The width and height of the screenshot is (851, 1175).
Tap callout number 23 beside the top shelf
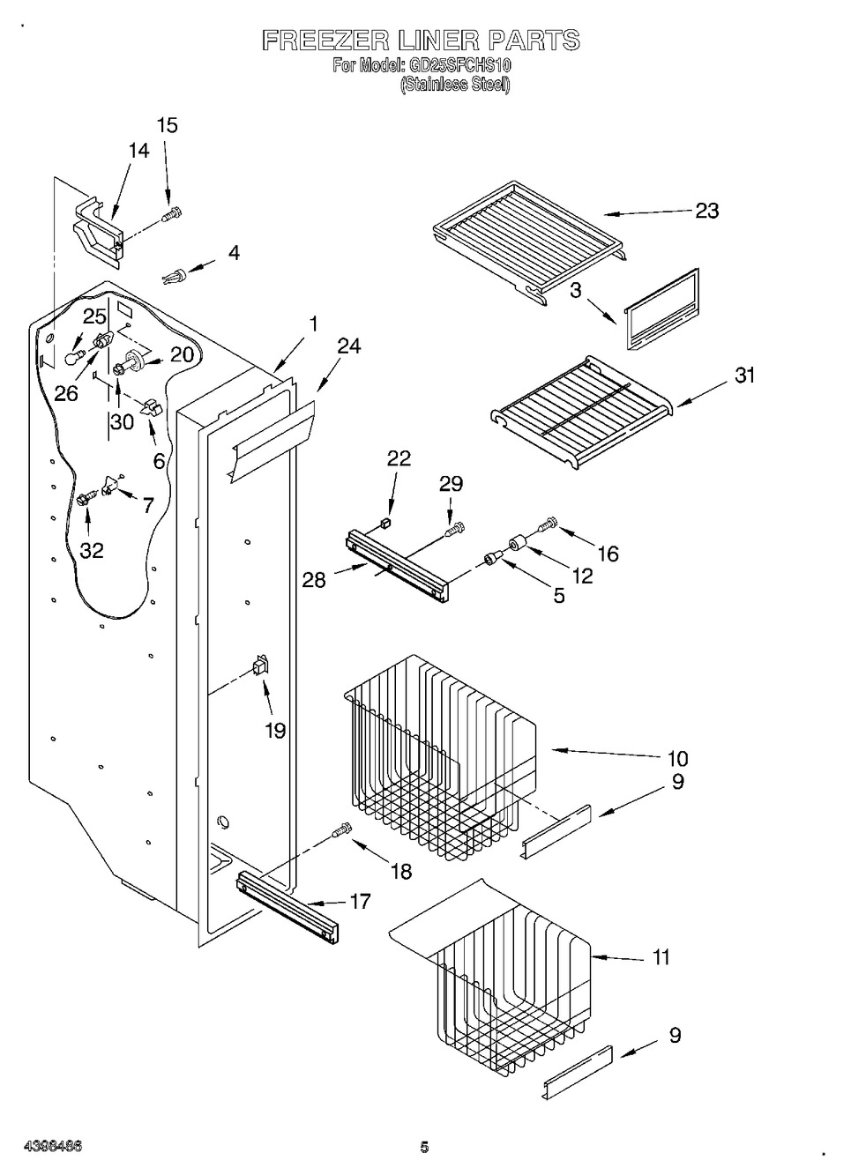tap(707, 211)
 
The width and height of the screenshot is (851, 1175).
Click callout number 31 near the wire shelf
tap(745, 375)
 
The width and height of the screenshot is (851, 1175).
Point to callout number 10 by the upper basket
tap(677, 758)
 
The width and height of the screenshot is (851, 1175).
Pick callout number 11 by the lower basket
tap(661, 956)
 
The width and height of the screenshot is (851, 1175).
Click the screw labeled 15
tap(174, 212)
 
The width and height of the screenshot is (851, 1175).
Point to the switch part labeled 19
tap(261, 666)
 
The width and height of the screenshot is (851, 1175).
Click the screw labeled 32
tap(86, 499)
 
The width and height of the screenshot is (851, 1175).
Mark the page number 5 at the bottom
tap(424, 1147)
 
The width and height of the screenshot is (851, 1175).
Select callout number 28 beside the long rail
tap(314, 579)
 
